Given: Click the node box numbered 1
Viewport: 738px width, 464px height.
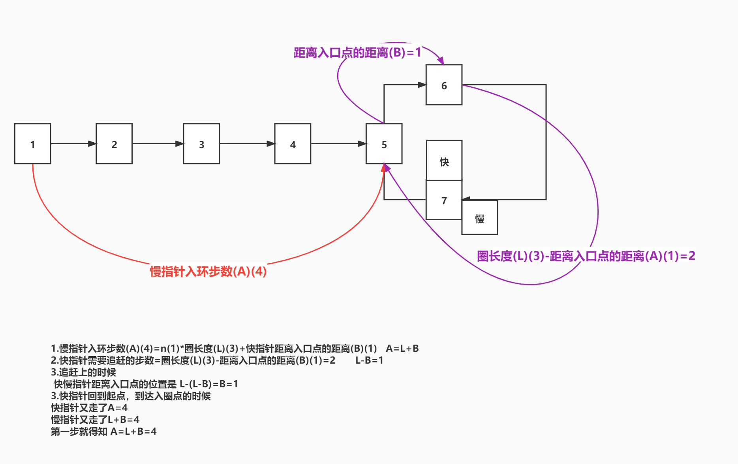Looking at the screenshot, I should [33, 143].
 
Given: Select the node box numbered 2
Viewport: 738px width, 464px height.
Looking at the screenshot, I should [114, 143].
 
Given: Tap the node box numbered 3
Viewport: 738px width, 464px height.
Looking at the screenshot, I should [201, 143].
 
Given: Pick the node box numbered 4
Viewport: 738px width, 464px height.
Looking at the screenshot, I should [293, 143].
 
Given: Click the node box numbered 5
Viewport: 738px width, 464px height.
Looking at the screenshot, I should [384, 143].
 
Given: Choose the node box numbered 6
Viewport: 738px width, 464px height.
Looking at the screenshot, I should [444, 85].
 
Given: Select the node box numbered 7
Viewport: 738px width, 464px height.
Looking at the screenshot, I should [444, 200].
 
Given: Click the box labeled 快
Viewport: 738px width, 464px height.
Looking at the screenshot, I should [444, 161].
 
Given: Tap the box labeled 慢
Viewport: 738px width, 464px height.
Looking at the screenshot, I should [479, 218].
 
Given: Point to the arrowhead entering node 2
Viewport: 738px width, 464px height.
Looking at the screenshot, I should [92, 143].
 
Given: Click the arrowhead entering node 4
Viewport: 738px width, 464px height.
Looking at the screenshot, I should [271, 143].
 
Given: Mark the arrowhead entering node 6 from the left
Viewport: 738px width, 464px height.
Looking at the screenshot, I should [422, 85].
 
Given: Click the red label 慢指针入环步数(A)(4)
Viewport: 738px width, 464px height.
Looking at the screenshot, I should [208, 272].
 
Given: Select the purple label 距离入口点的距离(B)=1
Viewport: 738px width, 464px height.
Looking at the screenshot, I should [357, 53].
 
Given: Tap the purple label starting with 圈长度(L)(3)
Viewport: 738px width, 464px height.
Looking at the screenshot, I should [586, 256].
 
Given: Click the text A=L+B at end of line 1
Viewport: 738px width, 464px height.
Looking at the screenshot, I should [402, 349].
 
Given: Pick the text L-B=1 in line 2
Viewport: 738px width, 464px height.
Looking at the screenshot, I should [369, 360].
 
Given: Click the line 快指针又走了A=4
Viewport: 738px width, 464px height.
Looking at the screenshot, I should [89, 408].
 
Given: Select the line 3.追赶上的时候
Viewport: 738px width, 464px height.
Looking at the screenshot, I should [83, 372].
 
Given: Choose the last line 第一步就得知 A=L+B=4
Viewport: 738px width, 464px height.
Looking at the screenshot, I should [103, 432].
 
